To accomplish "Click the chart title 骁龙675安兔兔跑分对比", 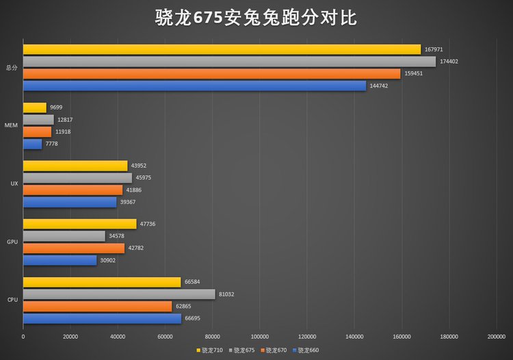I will coord(256,17).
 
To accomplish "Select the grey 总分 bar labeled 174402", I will coord(229,62).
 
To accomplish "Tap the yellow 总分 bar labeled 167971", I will coord(222,49).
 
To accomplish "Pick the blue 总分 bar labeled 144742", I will coord(194,86).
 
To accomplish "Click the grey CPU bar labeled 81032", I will coord(119,294).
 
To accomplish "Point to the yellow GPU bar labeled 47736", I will coord(79,224).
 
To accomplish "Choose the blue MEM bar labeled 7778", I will coord(32,144).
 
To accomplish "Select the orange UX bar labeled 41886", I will coord(73,190).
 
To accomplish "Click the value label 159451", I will coord(414,73).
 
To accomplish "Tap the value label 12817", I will coord(66,120).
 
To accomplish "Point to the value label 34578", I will coord(118,236).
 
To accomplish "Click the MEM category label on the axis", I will coord(12,125).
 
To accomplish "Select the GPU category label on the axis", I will coord(12,242).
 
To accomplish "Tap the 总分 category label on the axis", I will coord(11,68).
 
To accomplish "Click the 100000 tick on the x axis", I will coord(260,336).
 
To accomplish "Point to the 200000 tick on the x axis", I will coord(497,336).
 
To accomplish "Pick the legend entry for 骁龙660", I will coord(307,350).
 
